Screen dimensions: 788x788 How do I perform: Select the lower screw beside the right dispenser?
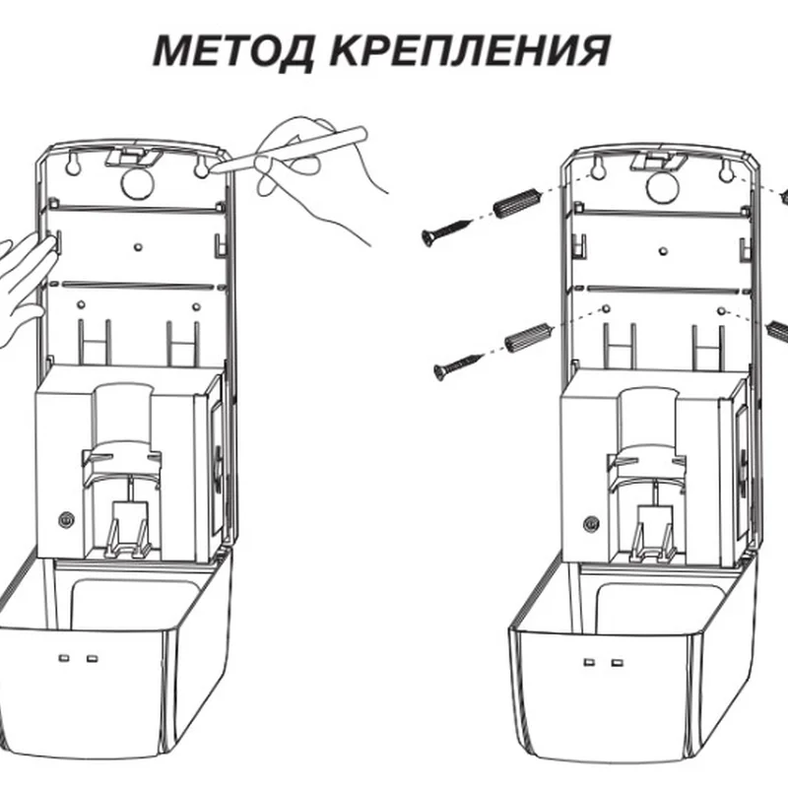(456, 366)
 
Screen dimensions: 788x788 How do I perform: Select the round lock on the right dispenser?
(591, 521)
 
